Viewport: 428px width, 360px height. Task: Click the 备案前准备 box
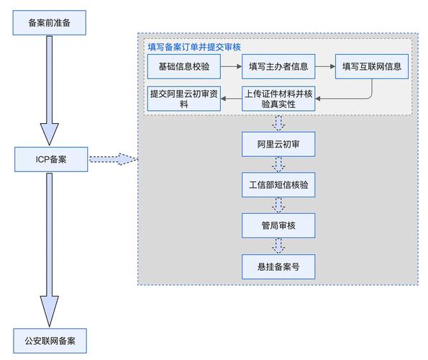pos(50,24)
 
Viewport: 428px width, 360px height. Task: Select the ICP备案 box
pos(50,158)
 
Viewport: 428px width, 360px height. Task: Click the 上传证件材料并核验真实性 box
pos(278,98)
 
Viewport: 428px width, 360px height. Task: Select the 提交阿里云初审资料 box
pos(183,98)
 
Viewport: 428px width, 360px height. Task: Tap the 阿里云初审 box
pos(278,144)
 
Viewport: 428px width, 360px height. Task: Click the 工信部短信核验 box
pos(278,185)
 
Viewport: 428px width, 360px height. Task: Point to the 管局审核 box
pos(278,226)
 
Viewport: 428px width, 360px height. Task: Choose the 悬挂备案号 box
pos(278,266)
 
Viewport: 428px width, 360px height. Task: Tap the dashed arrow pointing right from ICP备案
pos(111,158)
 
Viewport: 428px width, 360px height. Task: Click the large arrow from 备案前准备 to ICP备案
pos(50,90)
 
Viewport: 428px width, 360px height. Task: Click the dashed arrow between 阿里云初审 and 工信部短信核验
pos(278,165)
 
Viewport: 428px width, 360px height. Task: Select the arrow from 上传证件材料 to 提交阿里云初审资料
pos(230,99)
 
